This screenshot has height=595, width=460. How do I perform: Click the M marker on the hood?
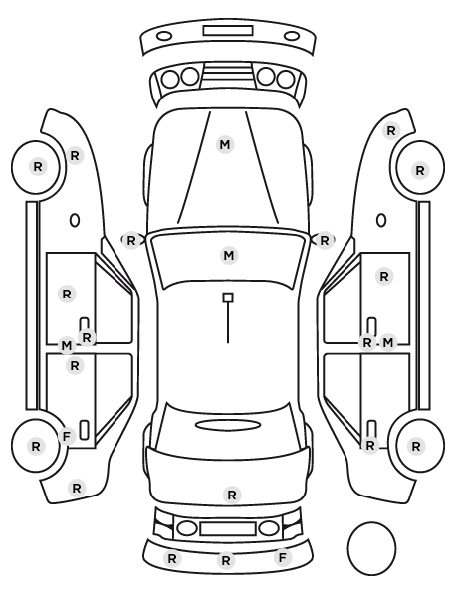225,144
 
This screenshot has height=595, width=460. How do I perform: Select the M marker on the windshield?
229,256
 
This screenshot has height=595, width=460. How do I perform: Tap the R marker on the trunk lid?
232,495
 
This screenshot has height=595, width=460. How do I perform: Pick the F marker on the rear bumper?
282,558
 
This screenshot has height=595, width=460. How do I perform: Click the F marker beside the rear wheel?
67,437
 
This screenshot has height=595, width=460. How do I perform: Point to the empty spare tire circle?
371,548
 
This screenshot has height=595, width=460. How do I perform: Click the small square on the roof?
228,297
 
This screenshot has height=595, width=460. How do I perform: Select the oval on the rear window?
228,425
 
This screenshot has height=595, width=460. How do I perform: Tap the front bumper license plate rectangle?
228,31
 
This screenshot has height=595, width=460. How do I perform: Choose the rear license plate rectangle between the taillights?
228,529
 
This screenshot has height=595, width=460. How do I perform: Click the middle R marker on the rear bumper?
226,560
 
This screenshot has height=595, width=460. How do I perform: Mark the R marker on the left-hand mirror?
131,240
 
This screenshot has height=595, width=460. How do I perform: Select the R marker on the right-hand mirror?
324,240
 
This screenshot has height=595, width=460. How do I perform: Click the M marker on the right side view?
387,343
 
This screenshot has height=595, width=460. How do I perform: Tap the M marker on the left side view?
67,345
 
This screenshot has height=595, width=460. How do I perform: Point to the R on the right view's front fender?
391,131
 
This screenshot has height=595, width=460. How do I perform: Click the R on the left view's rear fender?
77,488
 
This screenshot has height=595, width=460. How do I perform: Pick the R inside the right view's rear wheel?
416,446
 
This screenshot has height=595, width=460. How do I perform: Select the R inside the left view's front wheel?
38,166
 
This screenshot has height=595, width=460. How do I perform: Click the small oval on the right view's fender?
381,220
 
